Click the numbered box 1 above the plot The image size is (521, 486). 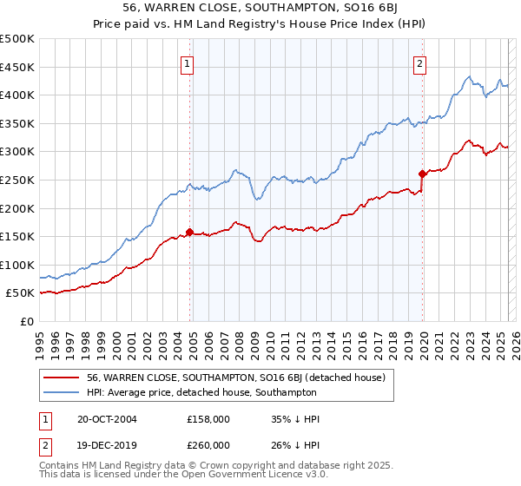pos(188,62)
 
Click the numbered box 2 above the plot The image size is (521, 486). pos(419,62)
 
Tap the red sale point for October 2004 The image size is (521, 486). pos(189,232)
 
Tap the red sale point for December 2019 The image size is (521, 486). pos(422,174)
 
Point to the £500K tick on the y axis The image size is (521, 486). pos(17,39)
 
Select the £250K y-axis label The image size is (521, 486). pos(17,180)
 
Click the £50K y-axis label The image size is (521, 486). pos(21,293)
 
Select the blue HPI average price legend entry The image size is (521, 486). pos(201,392)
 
